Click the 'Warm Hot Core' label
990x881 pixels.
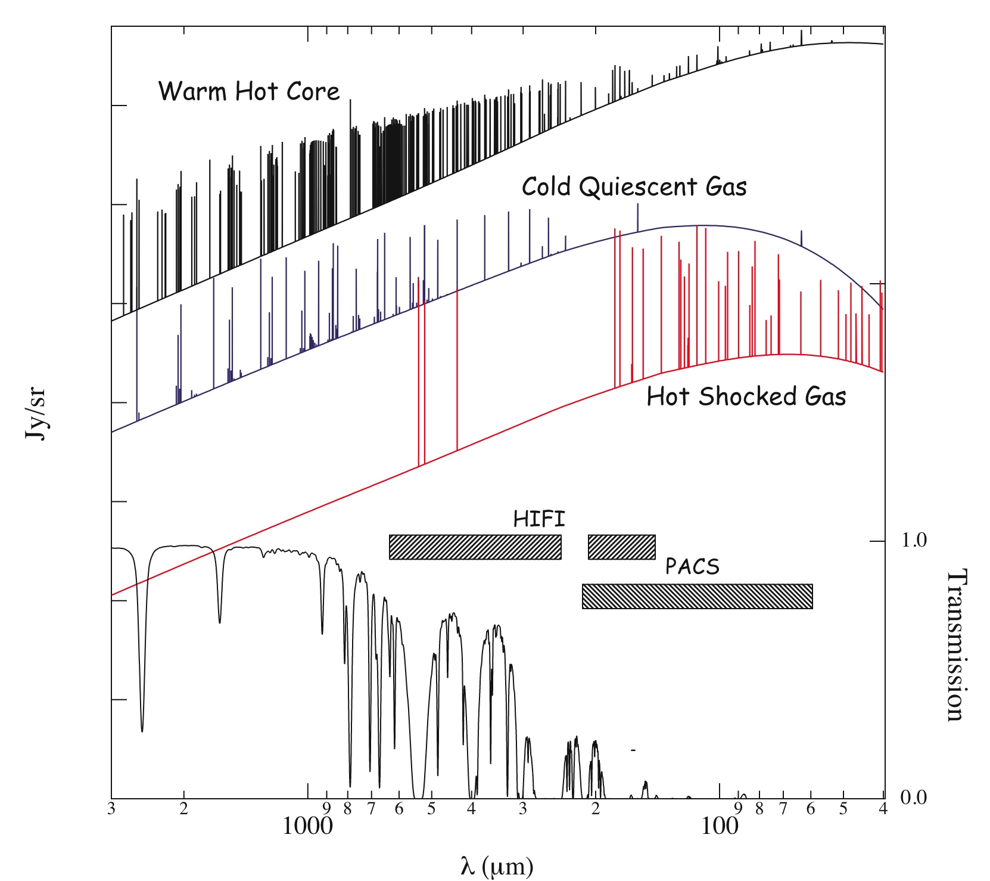(248, 91)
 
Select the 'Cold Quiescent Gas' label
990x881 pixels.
(634, 187)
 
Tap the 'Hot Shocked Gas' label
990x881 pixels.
(746, 396)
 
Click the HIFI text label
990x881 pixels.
(539, 519)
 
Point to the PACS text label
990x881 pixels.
(692, 566)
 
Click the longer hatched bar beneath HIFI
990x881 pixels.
(475, 547)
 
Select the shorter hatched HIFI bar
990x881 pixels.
(621, 547)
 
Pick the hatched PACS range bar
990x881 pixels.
(697, 596)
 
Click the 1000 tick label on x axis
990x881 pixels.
(307, 827)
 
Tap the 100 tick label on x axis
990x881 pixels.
(720, 827)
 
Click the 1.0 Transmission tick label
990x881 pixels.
(914, 541)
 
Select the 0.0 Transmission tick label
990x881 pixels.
(914, 798)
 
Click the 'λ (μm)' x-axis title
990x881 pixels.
(496, 866)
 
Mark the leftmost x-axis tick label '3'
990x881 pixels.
(111, 809)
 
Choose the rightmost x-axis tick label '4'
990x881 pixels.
(883, 809)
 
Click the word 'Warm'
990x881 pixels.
(192, 91)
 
